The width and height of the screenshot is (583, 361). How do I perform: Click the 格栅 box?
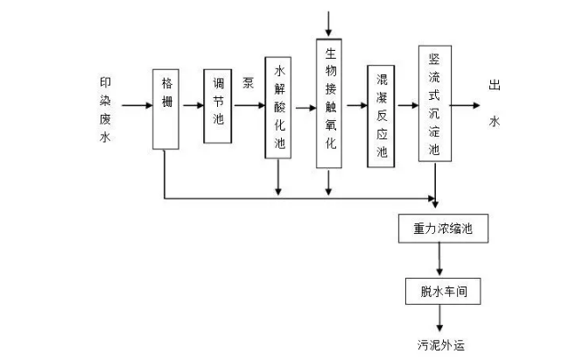click(x=165, y=108)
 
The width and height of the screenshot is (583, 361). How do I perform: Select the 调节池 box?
click(x=219, y=106)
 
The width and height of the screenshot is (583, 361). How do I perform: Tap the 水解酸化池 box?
click(x=278, y=109)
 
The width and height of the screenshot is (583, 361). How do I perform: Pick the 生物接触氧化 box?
click(x=329, y=103)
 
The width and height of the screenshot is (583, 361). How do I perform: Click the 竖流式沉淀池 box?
click(x=435, y=103)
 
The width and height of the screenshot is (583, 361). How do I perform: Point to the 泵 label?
click(x=249, y=84)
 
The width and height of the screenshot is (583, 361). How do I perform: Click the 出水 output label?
click(x=495, y=103)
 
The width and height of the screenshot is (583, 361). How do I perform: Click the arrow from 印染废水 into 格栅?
click(x=137, y=106)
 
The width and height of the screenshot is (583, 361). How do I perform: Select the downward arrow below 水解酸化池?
click(x=278, y=176)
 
